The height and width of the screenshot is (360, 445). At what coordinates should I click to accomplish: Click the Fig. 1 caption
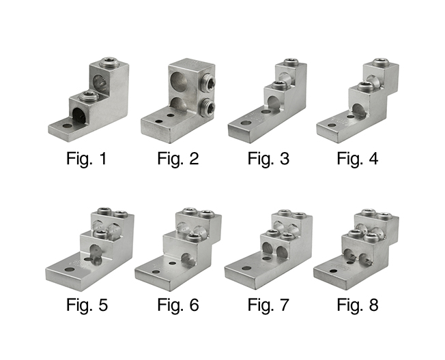[86, 158]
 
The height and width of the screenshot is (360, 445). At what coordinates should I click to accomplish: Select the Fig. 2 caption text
[178, 158]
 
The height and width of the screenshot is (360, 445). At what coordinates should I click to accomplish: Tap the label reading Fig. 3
[268, 158]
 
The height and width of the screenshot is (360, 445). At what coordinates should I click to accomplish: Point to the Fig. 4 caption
[358, 158]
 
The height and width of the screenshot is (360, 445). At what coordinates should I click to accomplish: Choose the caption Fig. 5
[87, 305]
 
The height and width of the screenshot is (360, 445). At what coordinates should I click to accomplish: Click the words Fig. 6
[178, 305]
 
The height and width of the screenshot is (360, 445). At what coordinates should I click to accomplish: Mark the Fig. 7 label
[268, 305]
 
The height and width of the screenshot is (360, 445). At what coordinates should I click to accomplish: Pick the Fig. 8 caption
[358, 305]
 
